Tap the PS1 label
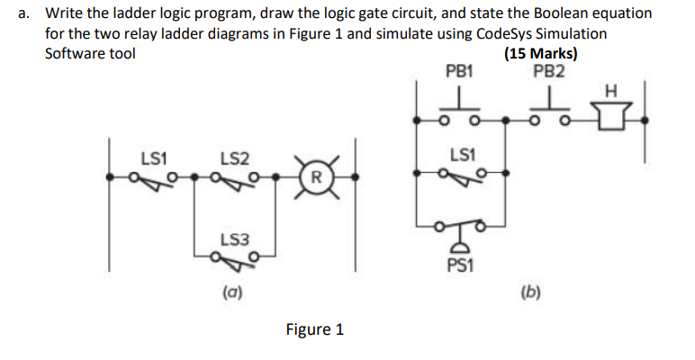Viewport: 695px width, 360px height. pyautogui.click(x=459, y=265)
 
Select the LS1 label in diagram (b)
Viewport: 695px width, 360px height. pyautogui.click(x=459, y=156)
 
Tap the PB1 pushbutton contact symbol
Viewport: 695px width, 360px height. pyautogui.click(x=459, y=112)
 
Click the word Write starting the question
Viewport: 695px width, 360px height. pyautogui.click(x=66, y=14)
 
